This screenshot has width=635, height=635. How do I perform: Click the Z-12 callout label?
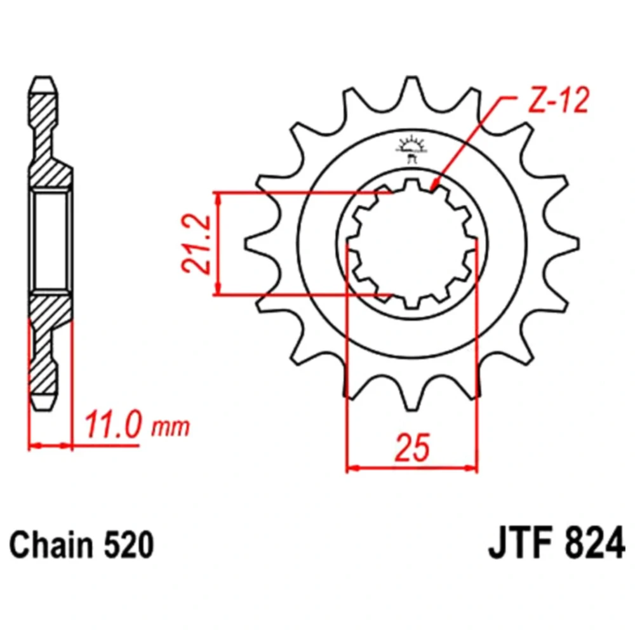(x=558, y=100)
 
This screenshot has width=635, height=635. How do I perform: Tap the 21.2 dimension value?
(x=197, y=244)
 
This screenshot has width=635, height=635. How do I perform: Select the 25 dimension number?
(x=412, y=448)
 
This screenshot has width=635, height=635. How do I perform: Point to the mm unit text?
(x=170, y=427)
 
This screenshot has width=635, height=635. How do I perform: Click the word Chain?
(x=52, y=545)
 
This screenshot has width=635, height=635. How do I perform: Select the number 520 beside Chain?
(x=130, y=545)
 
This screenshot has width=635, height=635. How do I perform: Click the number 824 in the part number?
(x=595, y=545)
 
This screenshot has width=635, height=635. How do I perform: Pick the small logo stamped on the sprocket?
(x=411, y=148)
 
